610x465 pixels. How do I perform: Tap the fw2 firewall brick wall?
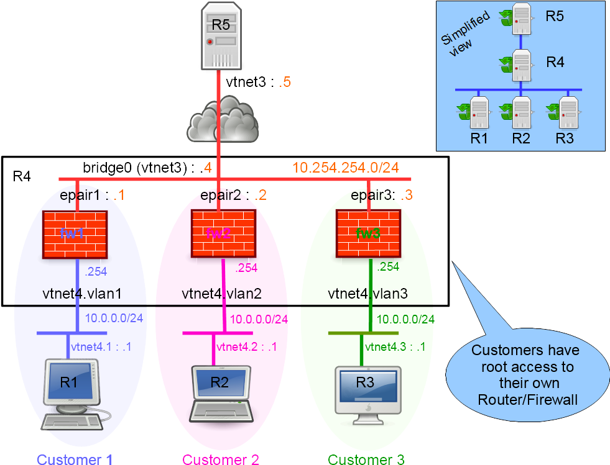[x=223, y=234]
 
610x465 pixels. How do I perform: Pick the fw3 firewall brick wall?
[x=369, y=234]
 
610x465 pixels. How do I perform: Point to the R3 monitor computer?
[x=366, y=391]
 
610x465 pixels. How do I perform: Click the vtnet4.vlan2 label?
[x=221, y=294]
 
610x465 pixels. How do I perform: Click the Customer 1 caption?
[x=75, y=459]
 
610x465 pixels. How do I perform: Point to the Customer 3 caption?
[x=366, y=459]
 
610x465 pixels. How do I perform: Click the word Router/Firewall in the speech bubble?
[x=527, y=399]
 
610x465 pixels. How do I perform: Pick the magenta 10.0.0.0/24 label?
[x=259, y=319]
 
